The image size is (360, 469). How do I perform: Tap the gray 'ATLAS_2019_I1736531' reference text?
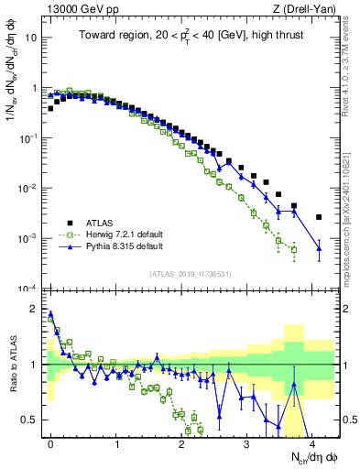(x=190, y=274)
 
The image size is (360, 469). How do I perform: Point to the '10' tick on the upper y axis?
(x=30, y=39)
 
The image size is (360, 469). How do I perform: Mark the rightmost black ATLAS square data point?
(x=319, y=217)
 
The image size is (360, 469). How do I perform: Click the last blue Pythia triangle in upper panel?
(x=319, y=248)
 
